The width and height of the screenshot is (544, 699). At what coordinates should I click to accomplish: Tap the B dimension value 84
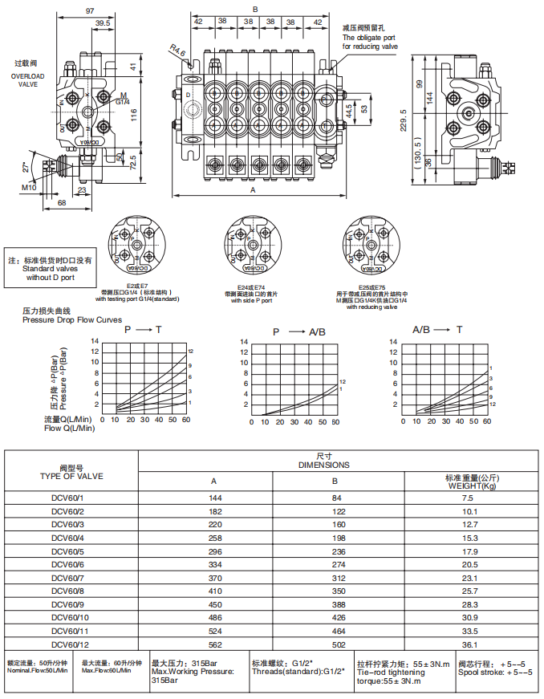(x=335, y=498)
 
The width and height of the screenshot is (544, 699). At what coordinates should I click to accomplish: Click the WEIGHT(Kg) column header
(x=471, y=486)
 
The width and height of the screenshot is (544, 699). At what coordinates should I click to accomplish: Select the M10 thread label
(x=29, y=187)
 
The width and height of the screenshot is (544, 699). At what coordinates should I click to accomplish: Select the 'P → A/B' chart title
(x=299, y=331)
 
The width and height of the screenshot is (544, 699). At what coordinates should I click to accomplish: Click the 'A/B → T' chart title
(x=437, y=330)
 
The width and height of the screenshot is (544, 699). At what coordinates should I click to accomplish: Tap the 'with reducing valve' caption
(x=371, y=307)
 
